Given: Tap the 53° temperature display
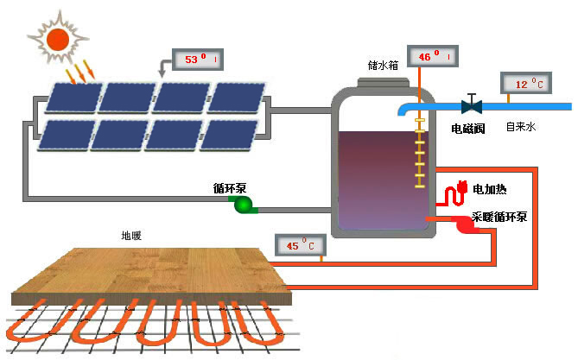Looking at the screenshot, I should click(x=199, y=60).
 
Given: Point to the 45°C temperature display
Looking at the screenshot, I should click(x=299, y=246).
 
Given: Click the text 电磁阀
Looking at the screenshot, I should click(x=469, y=128).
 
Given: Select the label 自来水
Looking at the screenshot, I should click(x=521, y=127).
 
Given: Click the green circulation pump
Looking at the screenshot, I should click(x=243, y=204).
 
